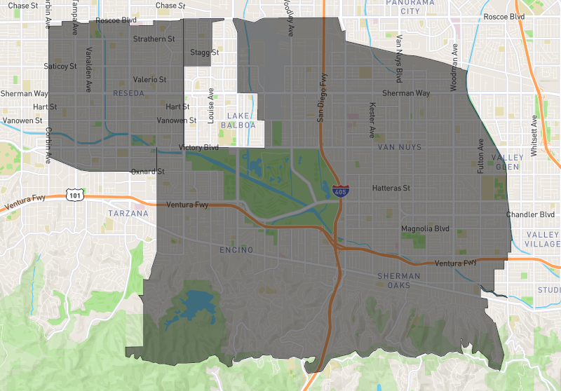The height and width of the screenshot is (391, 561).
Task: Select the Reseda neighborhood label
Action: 128,93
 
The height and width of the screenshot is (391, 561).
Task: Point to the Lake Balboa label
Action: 238,120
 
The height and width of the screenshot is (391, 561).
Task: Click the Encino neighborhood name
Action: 236,250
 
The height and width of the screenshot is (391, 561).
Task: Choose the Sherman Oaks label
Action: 399,281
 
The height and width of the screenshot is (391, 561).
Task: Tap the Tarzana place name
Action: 128,213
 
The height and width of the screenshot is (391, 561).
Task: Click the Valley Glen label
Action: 509,162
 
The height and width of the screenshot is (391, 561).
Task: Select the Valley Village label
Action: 543,240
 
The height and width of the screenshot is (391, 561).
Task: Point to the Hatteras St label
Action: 391,188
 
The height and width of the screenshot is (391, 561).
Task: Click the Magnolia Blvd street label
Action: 425,228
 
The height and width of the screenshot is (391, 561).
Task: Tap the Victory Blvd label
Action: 198,148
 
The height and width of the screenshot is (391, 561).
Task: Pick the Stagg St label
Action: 205,53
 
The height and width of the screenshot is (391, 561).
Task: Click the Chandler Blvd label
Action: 529,214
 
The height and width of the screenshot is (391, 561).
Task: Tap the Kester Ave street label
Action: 372,119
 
